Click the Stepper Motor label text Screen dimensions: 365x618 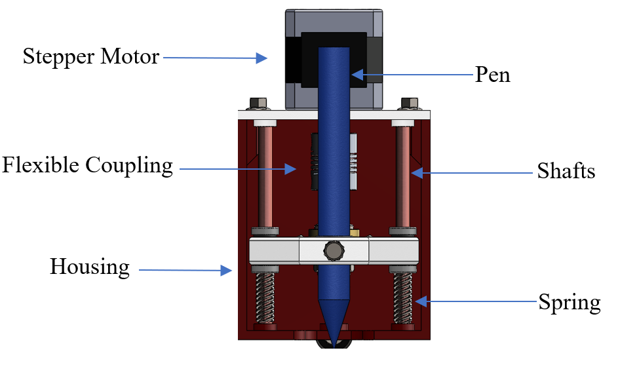pos(90,56)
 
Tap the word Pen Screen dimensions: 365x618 pos(492,75)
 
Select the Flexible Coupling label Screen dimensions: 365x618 pos(87,165)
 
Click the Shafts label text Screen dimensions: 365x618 pos(566,172)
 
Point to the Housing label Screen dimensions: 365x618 pos(90,267)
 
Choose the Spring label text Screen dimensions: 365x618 pos(569,303)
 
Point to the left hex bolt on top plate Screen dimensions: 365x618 pos(259,104)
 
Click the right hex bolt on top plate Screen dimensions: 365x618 pos(409,104)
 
